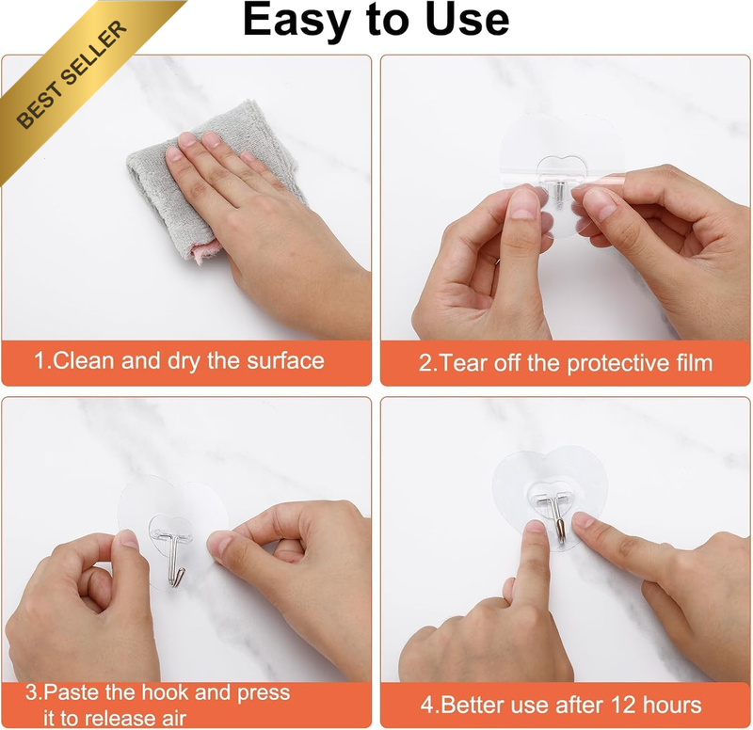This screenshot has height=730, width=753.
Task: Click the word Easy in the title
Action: point(296,21)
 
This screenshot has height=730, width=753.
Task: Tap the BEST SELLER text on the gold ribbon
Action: point(72,74)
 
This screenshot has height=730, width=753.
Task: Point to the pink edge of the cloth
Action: point(205,251)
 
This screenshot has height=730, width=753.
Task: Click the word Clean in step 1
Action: point(84,360)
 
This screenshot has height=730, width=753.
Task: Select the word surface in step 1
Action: point(285,361)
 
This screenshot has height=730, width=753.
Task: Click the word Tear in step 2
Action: point(462,363)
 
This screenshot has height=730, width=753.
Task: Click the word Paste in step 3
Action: point(72,692)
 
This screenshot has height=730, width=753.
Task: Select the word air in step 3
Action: point(173,719)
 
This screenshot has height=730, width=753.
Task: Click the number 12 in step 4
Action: point(622,705)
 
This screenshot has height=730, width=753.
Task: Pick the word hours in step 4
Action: point(672,705)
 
